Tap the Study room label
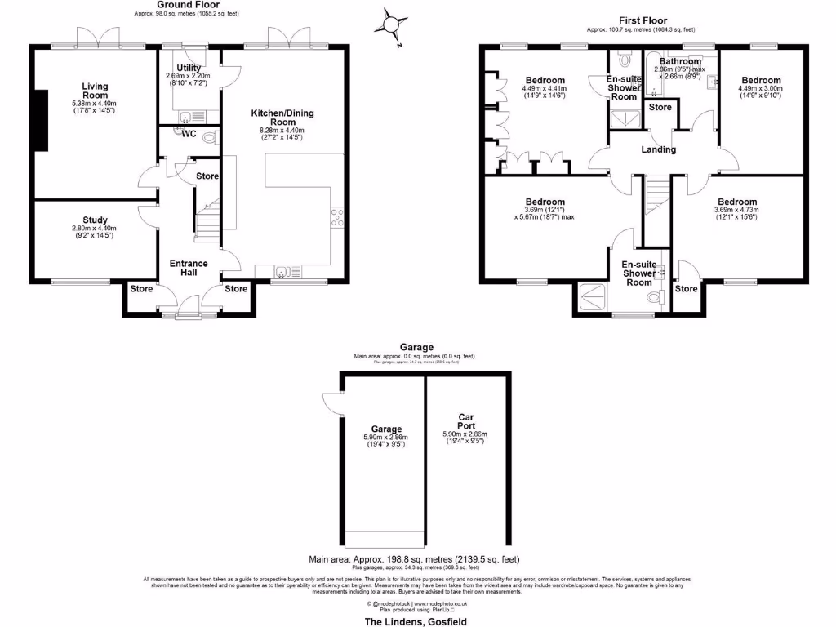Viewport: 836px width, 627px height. pyautogui.click(x=96, y=220)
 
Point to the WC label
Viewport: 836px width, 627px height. pyautogui.click(x=189, y=134)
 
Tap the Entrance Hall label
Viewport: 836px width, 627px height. pyautogui.click(x=188, y=269)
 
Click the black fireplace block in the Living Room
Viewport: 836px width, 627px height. pyautogui.click(x=39, y=119)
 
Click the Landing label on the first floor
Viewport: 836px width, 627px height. pyautogui.click(x=658, y=149)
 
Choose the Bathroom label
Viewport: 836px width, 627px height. pyautogui.click(x=679, y=61)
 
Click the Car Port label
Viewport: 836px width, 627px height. pyautogui.click(x=466, y=420)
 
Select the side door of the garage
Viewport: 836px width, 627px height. pyautogui.click(x=331, y=401)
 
